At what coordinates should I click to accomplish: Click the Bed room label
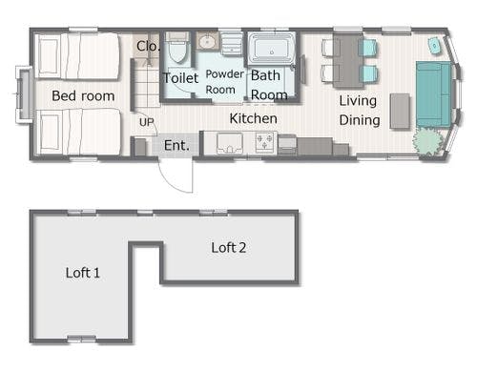coord(83,95)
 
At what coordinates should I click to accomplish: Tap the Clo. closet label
coord(147,46)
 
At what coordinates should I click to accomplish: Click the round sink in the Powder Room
coord(207,41)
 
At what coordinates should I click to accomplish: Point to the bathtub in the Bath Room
coord(271,49)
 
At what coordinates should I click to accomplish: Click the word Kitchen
coord(253,118)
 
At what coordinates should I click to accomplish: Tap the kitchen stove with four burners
coord(265,142)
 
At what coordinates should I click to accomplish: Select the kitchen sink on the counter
coord(230,143)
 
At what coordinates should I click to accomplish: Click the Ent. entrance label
coord(176,145)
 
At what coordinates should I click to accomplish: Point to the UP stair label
coord(147,122)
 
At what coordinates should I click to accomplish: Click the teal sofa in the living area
coord(434,94)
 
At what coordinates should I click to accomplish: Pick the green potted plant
coord(427,141)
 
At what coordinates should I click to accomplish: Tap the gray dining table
coord(348,60)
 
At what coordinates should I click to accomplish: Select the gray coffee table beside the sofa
coord(400,111)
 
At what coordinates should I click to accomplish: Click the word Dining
coord(360,120)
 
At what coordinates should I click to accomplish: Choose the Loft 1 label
coord(83,273)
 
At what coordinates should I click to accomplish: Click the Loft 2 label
coord(229,248)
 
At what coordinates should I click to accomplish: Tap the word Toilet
coord(180,78)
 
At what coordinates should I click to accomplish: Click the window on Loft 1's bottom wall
coord(82,339)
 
